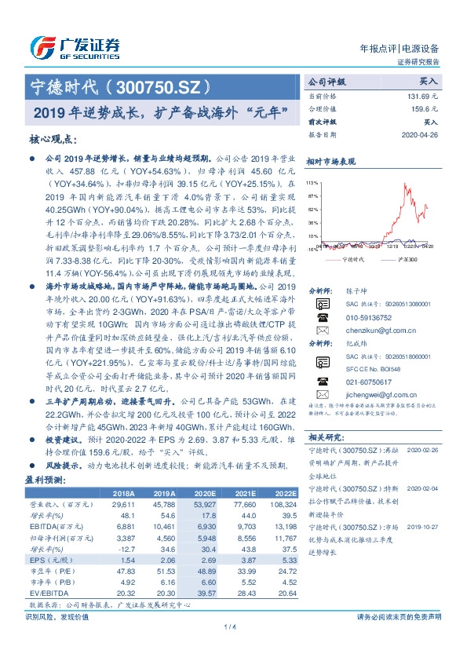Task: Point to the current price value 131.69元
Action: (421, 96)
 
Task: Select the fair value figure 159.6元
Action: (423, 109)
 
